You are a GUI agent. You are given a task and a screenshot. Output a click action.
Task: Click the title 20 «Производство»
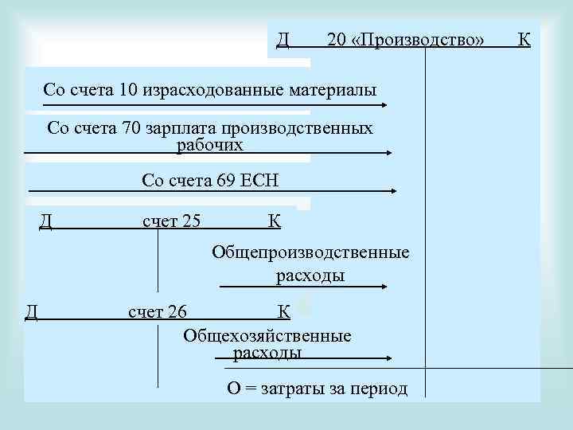405,39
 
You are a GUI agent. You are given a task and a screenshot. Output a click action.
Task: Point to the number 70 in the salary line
132,128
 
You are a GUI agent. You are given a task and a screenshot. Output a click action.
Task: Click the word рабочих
209,145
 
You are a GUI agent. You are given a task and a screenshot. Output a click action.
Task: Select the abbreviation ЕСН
263,181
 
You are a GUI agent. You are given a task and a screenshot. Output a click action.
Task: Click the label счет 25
171,221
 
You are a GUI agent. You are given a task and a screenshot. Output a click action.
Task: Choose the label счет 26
158,311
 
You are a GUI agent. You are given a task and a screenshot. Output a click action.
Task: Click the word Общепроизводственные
310,253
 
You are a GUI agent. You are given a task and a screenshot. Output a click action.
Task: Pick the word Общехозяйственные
267,335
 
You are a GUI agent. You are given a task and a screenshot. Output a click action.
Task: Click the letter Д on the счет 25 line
46,221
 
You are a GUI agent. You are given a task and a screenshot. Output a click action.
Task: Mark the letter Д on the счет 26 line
31,311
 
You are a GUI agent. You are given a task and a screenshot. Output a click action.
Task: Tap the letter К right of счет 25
274,221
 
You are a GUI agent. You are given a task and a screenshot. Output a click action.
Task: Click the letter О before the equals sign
233,389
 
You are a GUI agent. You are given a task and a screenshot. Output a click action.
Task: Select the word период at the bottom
379,389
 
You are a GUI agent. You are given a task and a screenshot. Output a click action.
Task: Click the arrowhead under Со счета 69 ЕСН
396,191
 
